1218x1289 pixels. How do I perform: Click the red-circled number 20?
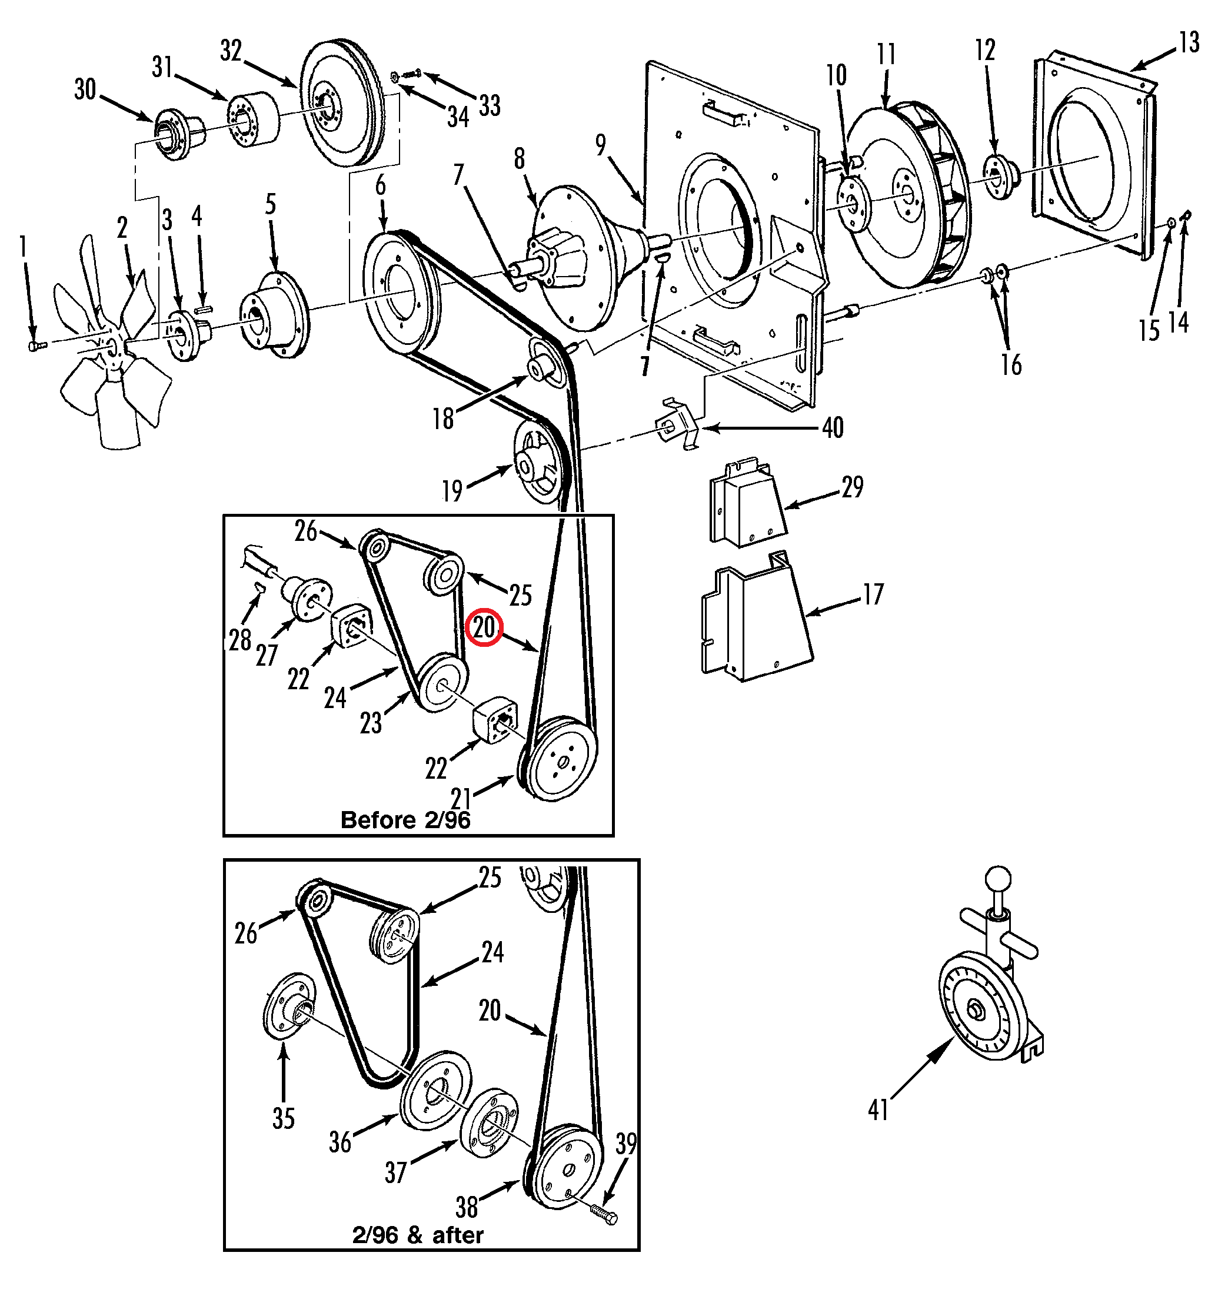(x=484, y=628)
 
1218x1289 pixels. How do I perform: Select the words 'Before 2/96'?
(x=405, y=820)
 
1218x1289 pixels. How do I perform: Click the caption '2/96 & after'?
(x=417, y=1234)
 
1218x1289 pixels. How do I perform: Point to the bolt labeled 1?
(x=35, y=347)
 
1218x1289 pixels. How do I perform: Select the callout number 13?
(x=1189, y=43)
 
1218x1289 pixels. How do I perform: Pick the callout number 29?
(x=853, y=486)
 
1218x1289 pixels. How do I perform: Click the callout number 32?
(x=231, y=50)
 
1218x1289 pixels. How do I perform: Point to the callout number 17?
(x=873, y=593)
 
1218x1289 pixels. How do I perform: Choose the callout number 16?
(x=1011, y=365)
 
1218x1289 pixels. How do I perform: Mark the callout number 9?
(x=601, y=145)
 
